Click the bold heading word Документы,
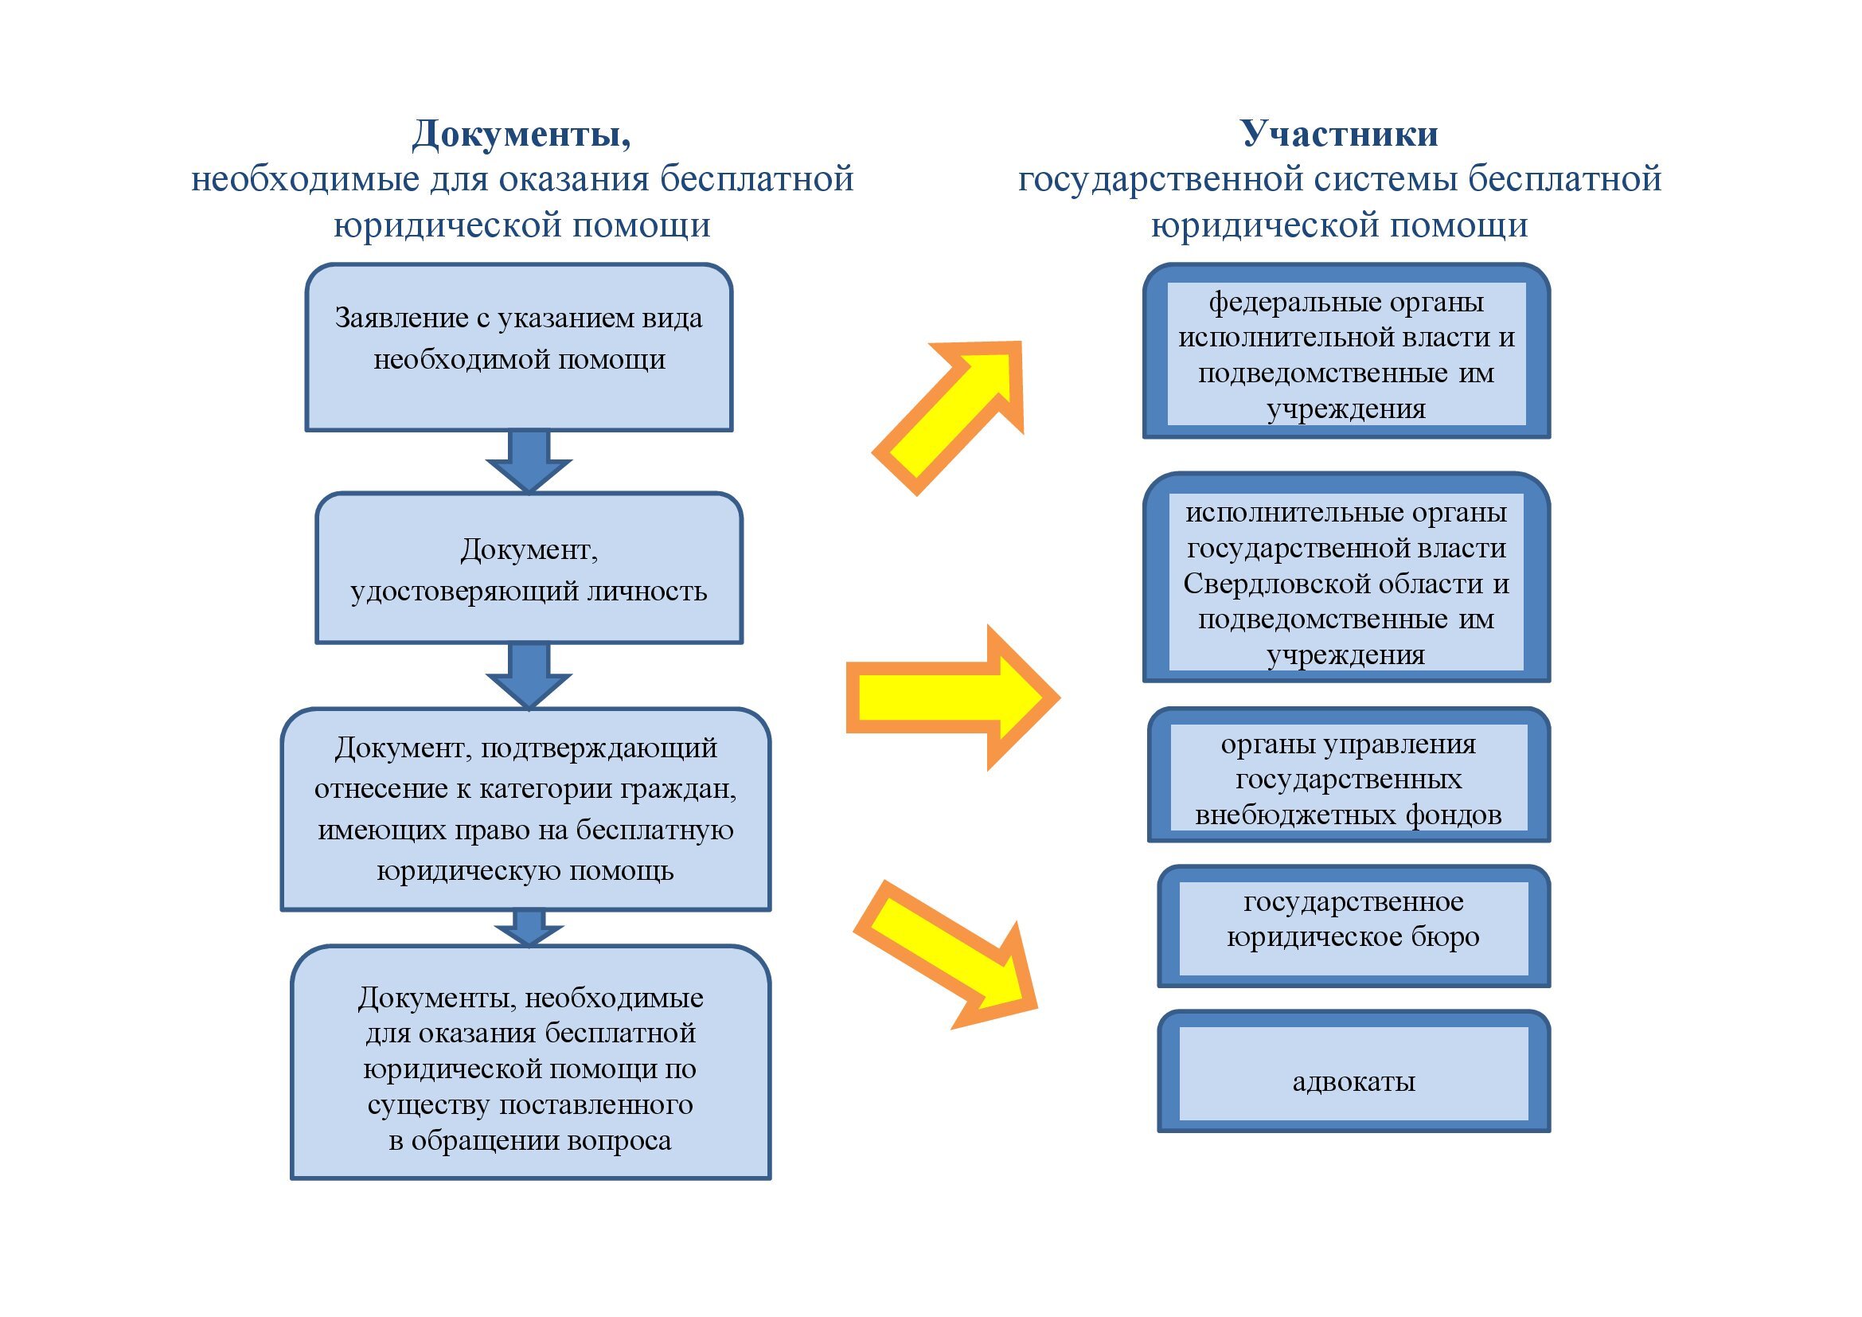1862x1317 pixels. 521,134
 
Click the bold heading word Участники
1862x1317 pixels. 1339,134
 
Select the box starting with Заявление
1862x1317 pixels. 519,347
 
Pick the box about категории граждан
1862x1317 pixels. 525,809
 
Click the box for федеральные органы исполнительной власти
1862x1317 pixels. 1346,354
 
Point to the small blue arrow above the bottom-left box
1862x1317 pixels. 529,927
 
